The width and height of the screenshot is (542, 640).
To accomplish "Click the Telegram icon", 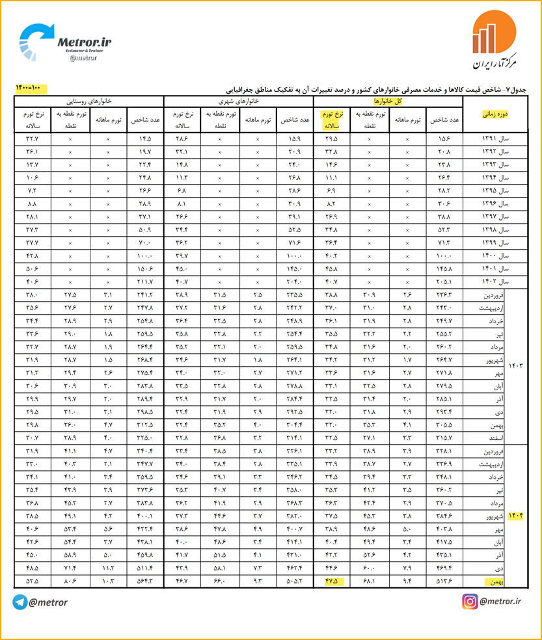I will (20, 602).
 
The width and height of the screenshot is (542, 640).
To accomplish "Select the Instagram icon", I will (470, 602).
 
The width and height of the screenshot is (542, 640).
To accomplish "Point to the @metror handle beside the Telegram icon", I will (48, 602).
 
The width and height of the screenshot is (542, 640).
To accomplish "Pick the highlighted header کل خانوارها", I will (388, 101).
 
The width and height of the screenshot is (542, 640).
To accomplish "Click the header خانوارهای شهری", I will (239, 101).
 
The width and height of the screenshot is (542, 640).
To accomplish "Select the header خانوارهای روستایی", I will (88, 101).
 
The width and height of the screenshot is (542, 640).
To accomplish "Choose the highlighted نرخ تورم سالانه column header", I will (332, 120).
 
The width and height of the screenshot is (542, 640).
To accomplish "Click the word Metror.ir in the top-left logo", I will (85, 42).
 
